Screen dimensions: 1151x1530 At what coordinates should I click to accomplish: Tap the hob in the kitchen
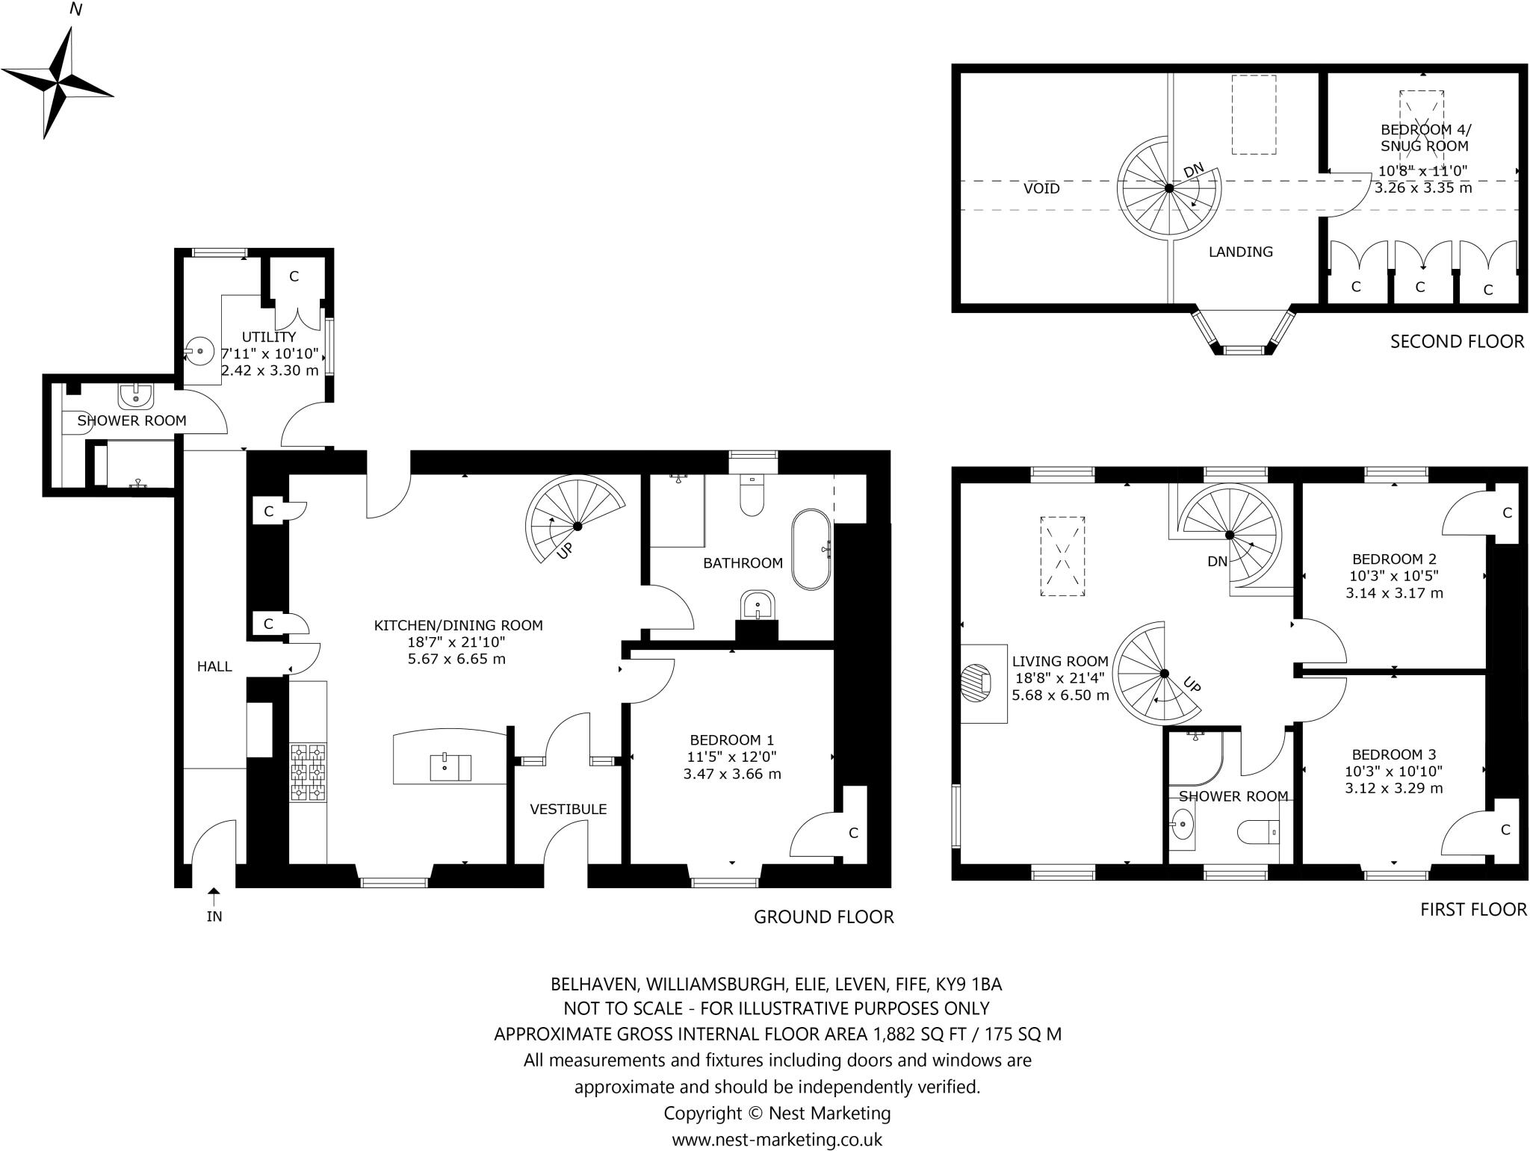click(x=309, y=772)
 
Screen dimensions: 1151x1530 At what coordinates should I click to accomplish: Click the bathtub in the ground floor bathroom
click(x=811, y=550)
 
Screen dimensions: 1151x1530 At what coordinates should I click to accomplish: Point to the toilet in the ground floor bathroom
click(x=752, y=495)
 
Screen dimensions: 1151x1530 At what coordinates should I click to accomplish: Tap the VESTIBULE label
click(x=568, y=809)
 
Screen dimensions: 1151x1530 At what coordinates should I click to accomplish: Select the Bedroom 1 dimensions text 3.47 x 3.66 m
click(x=732, y=774)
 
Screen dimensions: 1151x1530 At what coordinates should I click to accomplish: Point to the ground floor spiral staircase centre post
click(x=577, y=527)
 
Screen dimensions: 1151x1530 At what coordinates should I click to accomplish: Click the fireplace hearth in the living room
click(x=976, y=683)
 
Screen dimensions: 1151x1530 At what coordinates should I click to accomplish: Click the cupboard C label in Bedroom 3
click(x=1505, y=829)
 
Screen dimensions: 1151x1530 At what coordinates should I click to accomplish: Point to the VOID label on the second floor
click(x=1041, y=188)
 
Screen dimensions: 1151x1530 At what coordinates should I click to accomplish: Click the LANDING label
click(x=1241, y=252)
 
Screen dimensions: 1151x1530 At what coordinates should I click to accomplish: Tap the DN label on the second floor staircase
click(x=1194, y=171)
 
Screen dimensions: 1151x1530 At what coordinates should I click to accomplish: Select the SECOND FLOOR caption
click(x=1456, y=341)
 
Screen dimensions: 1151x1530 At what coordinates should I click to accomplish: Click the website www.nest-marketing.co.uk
click(x=777, y=1139)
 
